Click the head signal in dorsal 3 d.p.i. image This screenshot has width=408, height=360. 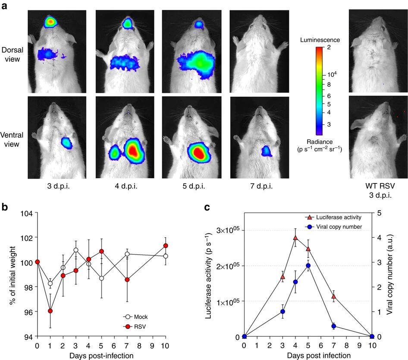click(50, 21)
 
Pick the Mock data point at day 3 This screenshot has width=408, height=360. click(76, 250)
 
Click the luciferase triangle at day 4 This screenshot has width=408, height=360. click(295, 238)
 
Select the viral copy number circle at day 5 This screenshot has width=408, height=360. click(308, 266)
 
